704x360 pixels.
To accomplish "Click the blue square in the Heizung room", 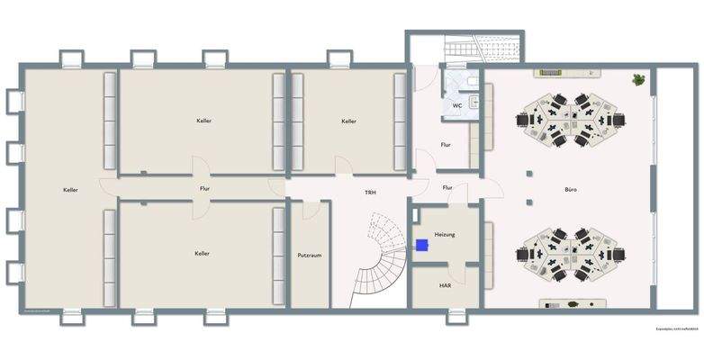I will point(421,244).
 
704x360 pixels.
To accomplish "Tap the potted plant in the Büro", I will point(639,79).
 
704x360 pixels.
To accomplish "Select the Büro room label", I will point(571,190).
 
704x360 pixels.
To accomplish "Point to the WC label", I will point(457,106).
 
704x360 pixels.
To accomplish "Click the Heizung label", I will point(445,234).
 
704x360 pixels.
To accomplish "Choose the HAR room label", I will point(445,285).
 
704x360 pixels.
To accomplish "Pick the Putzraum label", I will point(310,255).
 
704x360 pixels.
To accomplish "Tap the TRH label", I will point(370,193).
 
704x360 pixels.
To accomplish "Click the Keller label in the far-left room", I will point(70,190).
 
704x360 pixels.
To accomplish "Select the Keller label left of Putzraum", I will point(202,254).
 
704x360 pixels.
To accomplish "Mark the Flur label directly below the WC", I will point(446,145).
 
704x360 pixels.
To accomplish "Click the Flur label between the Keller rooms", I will point(205,189).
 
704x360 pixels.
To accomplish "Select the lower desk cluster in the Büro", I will point(571,255).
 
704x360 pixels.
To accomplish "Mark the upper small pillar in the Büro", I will point(530,168).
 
